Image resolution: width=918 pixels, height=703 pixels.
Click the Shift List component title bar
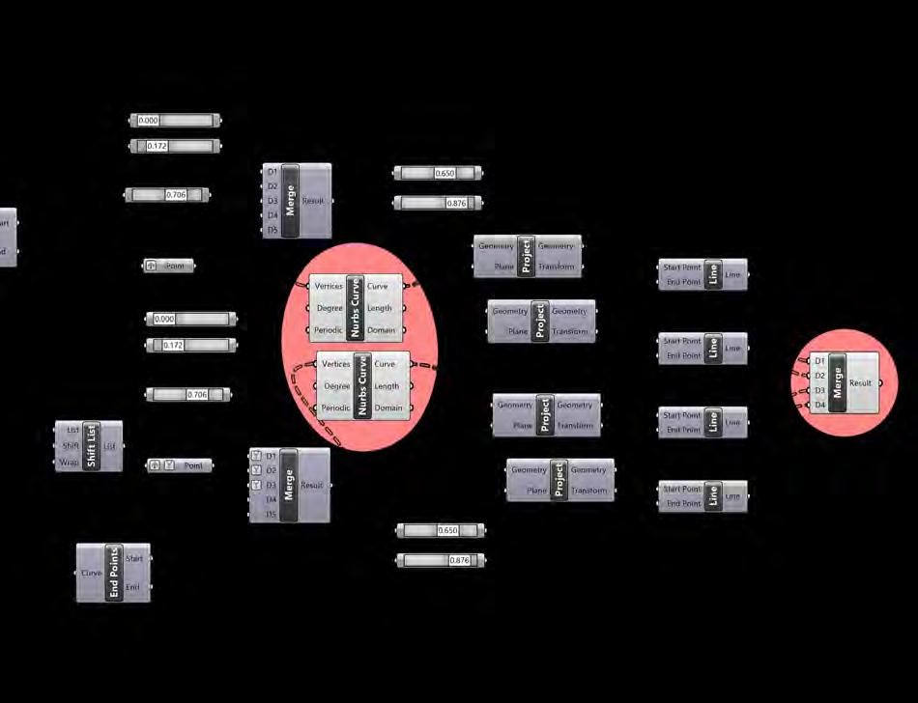92,446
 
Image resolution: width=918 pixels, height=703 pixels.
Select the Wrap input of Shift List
67,463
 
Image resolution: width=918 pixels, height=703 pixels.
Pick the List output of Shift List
109,446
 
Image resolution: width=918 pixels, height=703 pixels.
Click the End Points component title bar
114,573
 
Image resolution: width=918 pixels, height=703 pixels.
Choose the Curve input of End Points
91,573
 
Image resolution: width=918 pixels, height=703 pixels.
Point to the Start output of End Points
133,558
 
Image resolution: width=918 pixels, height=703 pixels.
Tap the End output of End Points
133,587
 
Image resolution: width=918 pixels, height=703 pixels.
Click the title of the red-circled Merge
838,383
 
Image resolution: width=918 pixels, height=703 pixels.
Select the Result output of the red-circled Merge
861,383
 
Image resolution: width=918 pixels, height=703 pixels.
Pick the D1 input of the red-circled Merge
819,361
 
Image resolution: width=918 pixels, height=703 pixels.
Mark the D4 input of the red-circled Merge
819,406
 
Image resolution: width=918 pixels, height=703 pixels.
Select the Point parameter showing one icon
169,266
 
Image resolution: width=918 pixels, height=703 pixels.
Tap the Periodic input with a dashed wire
336,408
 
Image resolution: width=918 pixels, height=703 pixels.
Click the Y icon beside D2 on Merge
255,470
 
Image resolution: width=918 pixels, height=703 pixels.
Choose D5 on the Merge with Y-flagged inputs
272,515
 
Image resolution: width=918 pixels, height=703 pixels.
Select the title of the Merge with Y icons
290,485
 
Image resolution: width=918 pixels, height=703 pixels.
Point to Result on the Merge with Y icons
312,485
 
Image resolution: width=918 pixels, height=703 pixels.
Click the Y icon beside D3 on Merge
255,485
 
